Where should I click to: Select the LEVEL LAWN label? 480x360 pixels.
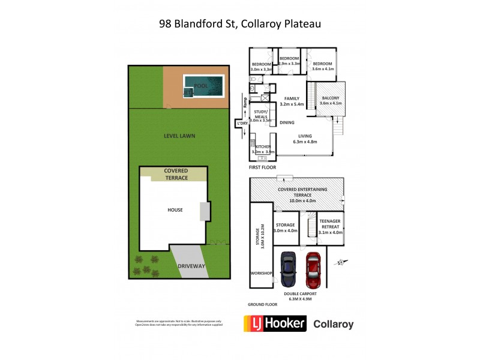pyautogui.click(x=179, y=136)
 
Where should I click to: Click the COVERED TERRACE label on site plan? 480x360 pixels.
pyautogui.click(x=176, y=174)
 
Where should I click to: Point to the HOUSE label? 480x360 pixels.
pyautogui.click(x=175, y=209)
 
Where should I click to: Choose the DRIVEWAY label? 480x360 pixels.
pyautogui.click(x=191, y=266)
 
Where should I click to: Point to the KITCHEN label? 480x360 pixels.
pyautogui.click(x=264, y=147)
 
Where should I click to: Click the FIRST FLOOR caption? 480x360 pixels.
pyautogui.click(x=263, y=167)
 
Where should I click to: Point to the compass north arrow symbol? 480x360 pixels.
pyautogui.click(x=341, y=262)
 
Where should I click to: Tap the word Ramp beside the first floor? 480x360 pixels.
pyautogui.click(x=245, y=103)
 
